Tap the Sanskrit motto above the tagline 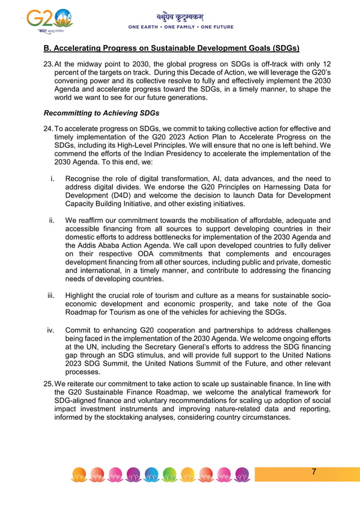(180, 17)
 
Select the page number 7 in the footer (314, 472)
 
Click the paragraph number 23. (48, 64)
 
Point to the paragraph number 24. (48, 129)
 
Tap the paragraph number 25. (48, 384)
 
